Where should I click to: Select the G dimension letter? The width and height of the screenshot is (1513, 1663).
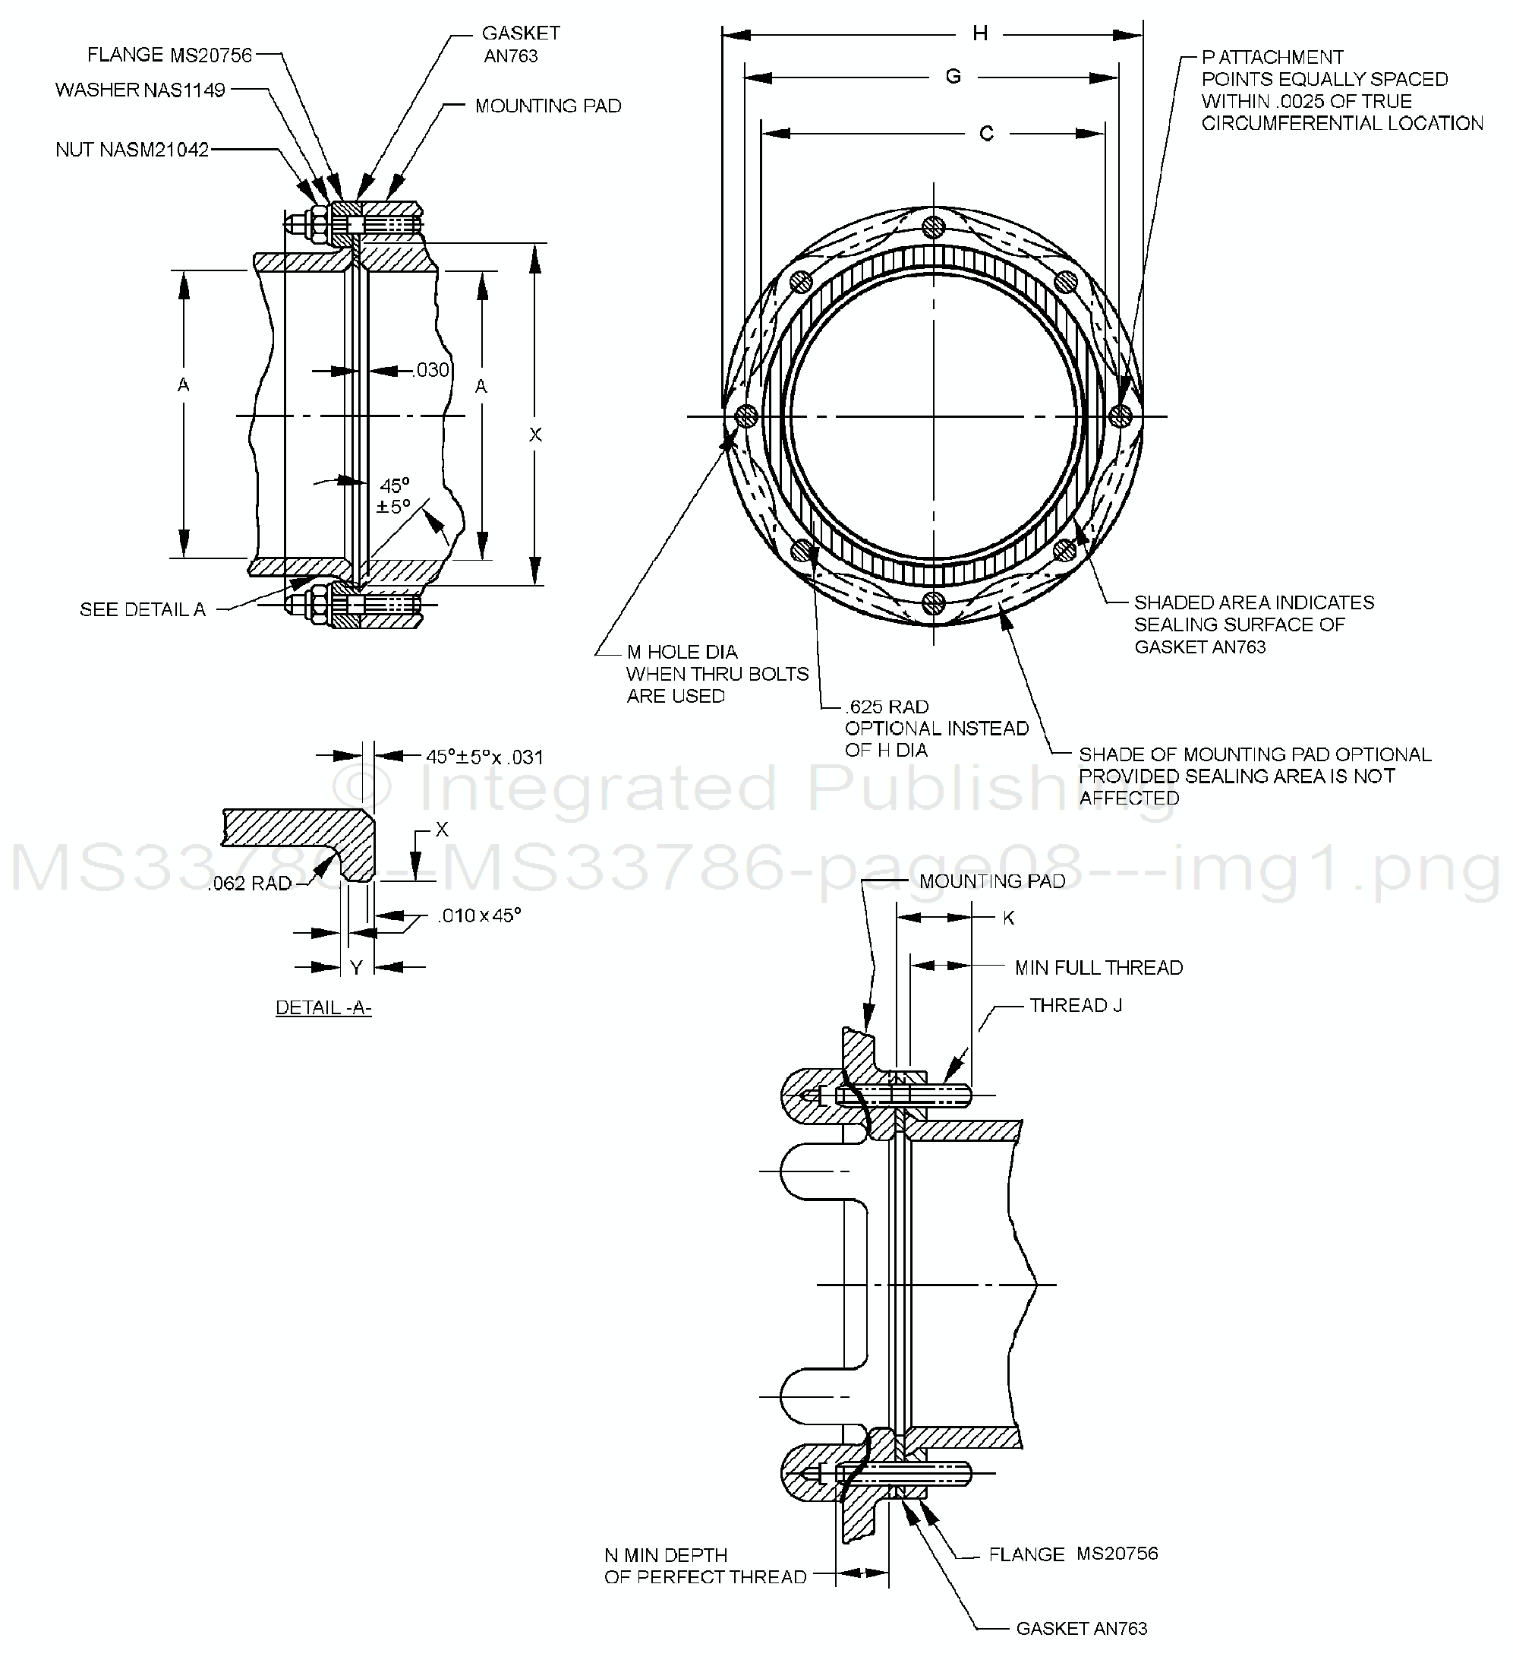pos(954,77)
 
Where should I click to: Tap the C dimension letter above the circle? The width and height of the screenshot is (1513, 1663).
pos(986,134)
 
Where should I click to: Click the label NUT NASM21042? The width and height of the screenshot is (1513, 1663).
pos(132,150)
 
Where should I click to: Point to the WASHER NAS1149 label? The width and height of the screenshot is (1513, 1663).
pos(140,90)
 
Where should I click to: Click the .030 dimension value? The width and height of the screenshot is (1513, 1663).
pos(431,371)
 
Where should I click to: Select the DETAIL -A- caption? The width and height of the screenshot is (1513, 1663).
pos(323,1007)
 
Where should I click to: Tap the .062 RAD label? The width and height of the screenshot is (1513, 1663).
pos(250,884)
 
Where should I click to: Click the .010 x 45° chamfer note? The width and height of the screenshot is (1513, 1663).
pos(479,915)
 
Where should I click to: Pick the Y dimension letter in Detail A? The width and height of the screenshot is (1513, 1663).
pos(356,968)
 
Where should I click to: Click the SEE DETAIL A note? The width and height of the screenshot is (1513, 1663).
pos(143,609)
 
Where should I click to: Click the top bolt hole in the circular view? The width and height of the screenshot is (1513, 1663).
pos(933,226)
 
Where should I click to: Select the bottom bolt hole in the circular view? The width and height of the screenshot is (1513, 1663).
pos(933,603)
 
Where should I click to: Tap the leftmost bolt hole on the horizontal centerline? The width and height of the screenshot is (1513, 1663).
pos(746,416)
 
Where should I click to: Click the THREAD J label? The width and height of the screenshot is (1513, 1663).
pos(1075,1006)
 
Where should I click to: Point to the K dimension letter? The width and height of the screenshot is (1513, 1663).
pos(1008,918)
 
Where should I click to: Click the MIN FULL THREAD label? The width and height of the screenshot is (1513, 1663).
pos(1099,968)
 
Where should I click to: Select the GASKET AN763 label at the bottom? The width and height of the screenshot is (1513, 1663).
pos(1081,1628)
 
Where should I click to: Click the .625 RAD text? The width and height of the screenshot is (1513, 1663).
pos(887,707)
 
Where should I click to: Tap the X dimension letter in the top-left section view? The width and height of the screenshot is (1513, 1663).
pos(535,435)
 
